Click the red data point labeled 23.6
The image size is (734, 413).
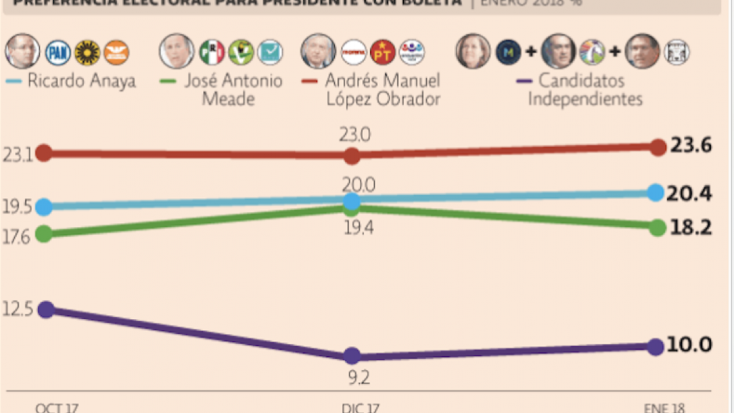point(657,147)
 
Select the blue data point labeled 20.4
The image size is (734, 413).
point(655,193)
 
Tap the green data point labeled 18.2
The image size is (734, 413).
point(657,227)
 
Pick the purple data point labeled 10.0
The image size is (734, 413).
point(655,347)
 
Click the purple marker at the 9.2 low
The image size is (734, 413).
point(352,356)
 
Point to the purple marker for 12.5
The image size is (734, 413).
point(45,309)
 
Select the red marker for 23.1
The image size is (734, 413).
point(44,153)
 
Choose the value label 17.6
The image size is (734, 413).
point(16,237)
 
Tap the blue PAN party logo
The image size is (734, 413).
point(58,52)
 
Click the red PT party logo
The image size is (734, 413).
point(383,52)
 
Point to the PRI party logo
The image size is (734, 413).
point(212,52)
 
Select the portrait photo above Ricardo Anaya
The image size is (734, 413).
point(23,52)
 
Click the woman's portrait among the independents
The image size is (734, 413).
point(473,52)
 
